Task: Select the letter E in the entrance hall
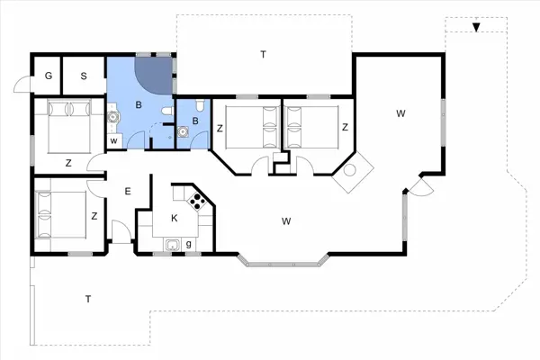pyautogui.click(x=128, y=191)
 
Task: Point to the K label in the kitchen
pyautogui.click(x=174, y=218)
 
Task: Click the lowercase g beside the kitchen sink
pyautogui.click(x=188, y=243)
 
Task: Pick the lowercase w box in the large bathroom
pyautogui.click(x=114, y=141)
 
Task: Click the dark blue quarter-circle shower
pyautogui.click(x=154, y=75)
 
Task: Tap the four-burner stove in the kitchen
pyautogui.click(x=201, y=200)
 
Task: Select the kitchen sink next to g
pyautogui.click(x=168, y=243)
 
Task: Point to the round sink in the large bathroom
pyautogui.click(x=113, y=114)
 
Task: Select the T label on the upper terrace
pyautogui.click(x=264, y=55)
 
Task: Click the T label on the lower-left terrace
pyautogui.click(x=87, y=298)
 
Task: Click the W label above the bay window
pyautogui.click(x=286, y=221)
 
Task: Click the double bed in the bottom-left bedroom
pyautogui.click(x=59, y=214)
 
